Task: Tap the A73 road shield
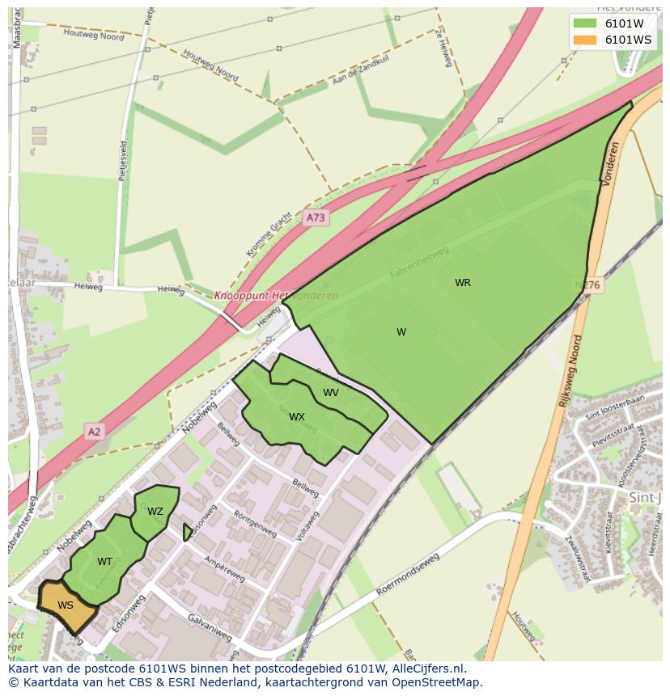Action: pos(316,218)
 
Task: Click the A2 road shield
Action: pos(95,432)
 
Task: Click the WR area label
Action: pos(463,283)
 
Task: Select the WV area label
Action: pos(331,393)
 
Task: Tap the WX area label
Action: pos(297,417)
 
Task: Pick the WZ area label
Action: pos(155,512)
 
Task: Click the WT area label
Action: pos(104,562)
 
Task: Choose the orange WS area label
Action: pos(66,605)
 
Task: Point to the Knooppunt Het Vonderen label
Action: pos(276,296)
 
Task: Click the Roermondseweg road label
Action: pos(407,576)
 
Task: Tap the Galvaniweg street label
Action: pos(210,628)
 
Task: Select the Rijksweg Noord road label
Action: pos(570,371)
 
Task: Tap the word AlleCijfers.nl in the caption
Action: pos(425,669)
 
